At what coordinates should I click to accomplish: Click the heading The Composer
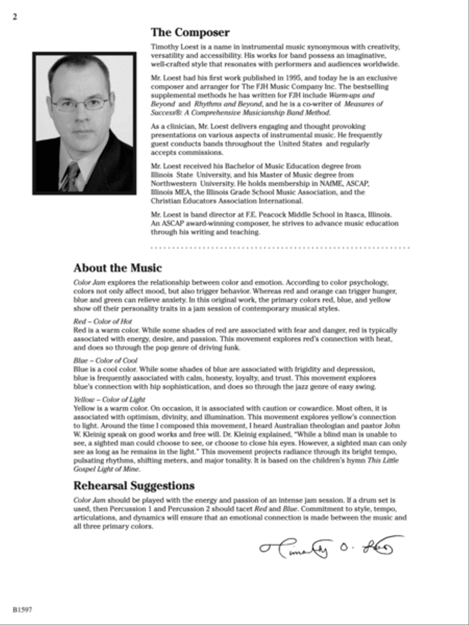point(190,33)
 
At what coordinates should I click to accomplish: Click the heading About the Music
point(117,268)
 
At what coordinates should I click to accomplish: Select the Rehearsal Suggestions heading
point(134,486)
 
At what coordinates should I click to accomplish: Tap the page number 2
point(15,16)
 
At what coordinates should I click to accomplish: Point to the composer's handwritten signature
point(330,547)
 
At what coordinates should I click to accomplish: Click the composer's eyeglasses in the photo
point(81,104)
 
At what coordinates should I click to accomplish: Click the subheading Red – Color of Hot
point(103,321)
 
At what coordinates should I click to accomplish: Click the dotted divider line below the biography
point(280,247)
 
